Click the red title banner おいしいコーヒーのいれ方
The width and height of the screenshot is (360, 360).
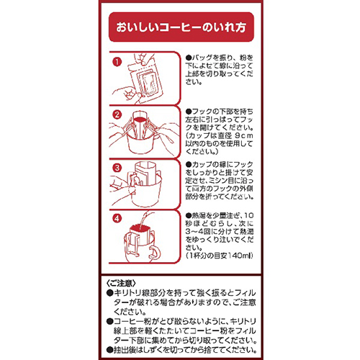[179, 31]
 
